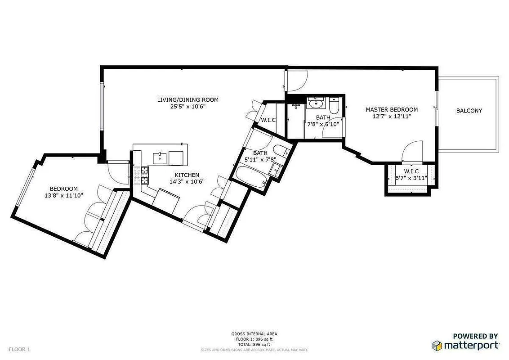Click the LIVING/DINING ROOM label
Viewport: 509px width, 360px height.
(x=188, y=99)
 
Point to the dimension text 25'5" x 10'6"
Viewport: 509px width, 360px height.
(x=188, y=107)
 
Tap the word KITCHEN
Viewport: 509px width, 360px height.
(x=187, y=175)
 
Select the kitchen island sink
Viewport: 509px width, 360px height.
(x=160, y=158)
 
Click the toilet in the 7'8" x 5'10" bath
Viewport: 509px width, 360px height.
(x=334, y=106)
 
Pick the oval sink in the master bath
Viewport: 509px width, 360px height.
(x=317, y=104)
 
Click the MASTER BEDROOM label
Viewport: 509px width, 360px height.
(x=392, y=109)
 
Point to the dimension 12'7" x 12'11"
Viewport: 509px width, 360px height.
(x=392, y=116)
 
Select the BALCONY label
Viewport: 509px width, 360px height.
(x=469, y=111)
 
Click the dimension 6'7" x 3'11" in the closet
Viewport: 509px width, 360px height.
(x=411, y=178)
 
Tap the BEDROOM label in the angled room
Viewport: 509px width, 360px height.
(x=63, y=189)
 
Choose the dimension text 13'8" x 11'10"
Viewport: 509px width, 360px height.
(x=63, y=195)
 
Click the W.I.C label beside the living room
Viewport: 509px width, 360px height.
(x=268, y=120)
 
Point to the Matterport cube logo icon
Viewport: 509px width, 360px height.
(x=438, y=346)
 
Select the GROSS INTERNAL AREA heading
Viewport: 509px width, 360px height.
(x=254, y=334)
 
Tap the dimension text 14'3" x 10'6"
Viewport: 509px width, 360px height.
(x=187, y=182)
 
